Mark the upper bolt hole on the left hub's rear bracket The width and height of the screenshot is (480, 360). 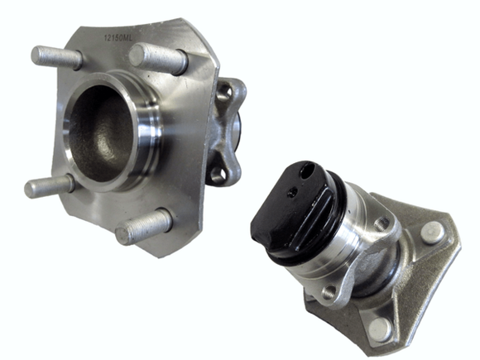(226, 94)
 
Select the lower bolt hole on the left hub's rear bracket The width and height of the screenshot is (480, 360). (218, 174)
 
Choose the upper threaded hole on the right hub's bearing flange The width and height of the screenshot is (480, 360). (382, 223)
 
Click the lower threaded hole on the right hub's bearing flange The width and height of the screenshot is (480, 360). (329, 291)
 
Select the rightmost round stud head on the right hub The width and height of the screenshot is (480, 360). (430, 233)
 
